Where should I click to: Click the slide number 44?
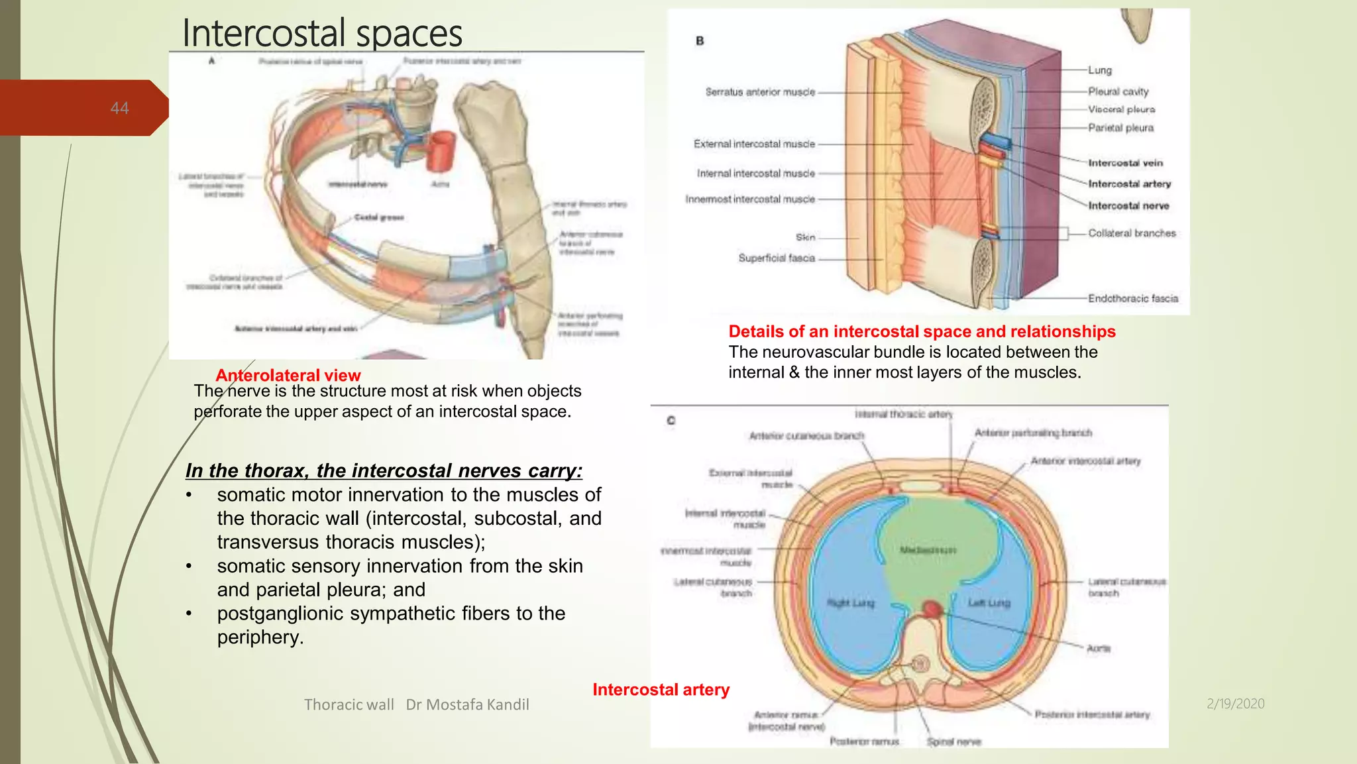pyautogui.click(x=119, y=108)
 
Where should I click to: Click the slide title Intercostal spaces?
pyautogui.click(x=322, y=33)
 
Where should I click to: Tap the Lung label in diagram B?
pyautogui.click(x=1099, y=70)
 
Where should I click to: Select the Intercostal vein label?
pyautogui.click(x=1125, y=163)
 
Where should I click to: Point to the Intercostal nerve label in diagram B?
pyautogui.click(x=1128, y=206)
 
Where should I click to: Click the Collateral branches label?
pyautogui.click(x=1132, y=233)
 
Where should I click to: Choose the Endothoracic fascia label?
pyautogui.click(x=1133, y=299)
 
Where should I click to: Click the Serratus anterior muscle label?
pyautogui.click(x=760, y=92)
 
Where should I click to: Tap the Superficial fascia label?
pyautogui.click(x=777, y=258)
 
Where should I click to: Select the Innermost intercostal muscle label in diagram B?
pyautogui.click(x=750, y=199)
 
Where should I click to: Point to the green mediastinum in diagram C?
pyautogui.click(x=928, y=550)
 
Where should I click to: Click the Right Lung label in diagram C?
pyautogui.click(x=851, y=603)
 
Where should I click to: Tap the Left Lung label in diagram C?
pyautogui.click(x=989, y=603)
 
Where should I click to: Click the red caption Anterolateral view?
pyautogui.click(x=288, y=375)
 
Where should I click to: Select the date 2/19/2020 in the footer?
pyautogui.click(x=1235, y=704)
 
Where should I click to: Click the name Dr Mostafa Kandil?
pyautogui.click(x=467, y=704)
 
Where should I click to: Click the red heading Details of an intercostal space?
pyautogui.click(x=922, y=331)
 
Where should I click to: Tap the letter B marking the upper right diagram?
pyautogui.click(x=700, y=41)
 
